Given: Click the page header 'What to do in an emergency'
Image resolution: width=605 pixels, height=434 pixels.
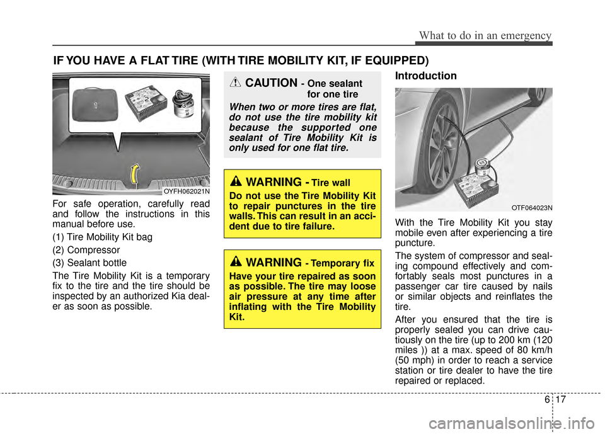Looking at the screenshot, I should pyautogui.click(x=483, y=35).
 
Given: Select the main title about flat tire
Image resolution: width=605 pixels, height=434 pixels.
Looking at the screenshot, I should pyautogui.click(x=241, y=60).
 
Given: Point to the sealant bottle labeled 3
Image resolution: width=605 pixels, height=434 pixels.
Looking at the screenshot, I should pyautogui.click(x=185, y=101).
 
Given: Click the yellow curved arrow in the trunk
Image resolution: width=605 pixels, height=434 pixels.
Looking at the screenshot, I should pyautogui.click(x=134, y=173).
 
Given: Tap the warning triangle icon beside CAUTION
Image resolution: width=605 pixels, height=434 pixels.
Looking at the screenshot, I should pyautogui.click(x=235, y=83).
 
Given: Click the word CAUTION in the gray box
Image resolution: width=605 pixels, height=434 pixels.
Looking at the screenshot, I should pyautogui.click(x=272, y=83).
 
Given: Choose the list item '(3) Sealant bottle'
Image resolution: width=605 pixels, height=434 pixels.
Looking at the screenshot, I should pyautogui.click(x=89, y=262).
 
